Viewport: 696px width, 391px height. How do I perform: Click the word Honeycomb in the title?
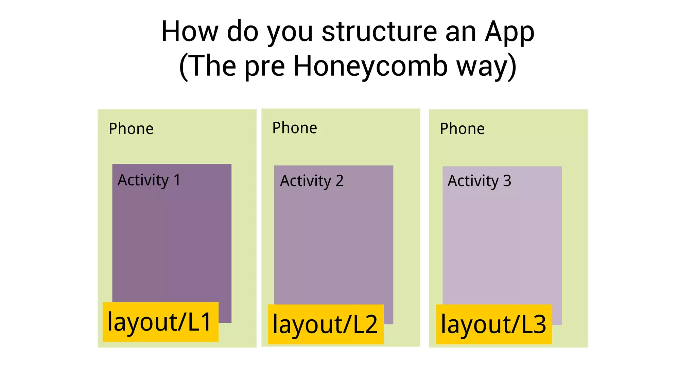pyautogui.click(x=370, y=66)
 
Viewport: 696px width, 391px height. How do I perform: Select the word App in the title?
pyautogui.click(x=509, y=32)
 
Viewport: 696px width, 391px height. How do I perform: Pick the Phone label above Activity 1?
pyautogui.click(x=131, y=129)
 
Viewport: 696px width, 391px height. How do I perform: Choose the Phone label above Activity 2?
pyautogui.click(x=295, y=128)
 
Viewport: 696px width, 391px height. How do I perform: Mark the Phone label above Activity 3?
pyautogui.click(x=462, y=129)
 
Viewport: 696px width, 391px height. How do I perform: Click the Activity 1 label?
pyautogui.click(x=149, y=180)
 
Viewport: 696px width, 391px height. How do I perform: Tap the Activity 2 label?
pyautogui.click(x=312, y=181)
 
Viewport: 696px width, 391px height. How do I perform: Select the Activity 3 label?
pyautogui.click(x=479, y=181)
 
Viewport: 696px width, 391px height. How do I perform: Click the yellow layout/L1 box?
pyautogui.click(x=160, y=322)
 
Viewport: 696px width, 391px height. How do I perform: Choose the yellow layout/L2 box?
pyautogui.click(x=326, y=324)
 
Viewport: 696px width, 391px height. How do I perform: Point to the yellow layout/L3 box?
pyautogui.click(x=494, y=324)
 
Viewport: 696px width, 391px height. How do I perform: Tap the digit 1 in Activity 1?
pyautogui.click(x=177, y=180)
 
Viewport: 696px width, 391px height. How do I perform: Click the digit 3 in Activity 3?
pyautogui.click(x=507, y=181)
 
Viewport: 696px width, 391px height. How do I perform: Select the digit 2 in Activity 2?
pyautogui.click(x=340, y=181)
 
